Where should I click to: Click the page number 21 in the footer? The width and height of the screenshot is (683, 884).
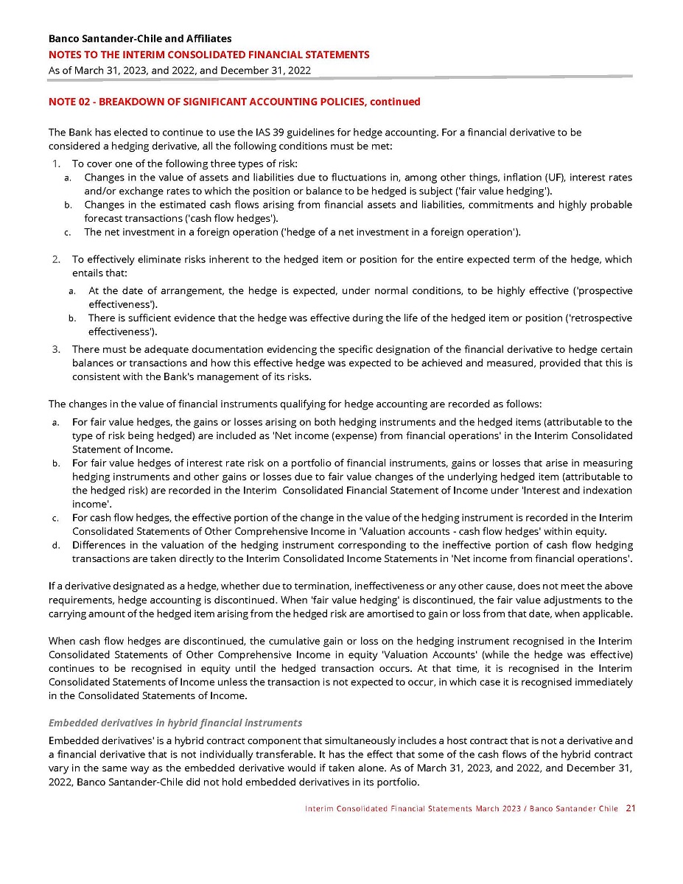pos(630,808)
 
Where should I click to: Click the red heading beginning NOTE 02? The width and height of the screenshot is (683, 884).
pos(234,102)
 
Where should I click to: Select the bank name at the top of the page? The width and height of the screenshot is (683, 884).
pos(140,38)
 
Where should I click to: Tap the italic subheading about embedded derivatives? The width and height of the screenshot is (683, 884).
pos(175,723)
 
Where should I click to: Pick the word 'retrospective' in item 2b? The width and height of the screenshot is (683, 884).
pos(600,318)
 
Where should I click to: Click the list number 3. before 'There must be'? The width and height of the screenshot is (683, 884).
pos(56,349)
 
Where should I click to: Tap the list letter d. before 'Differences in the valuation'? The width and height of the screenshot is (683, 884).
pos(56,546)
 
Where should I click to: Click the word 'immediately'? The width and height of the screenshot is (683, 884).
pos(602,682)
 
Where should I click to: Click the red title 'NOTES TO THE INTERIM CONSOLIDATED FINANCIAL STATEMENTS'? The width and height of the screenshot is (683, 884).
pos(209,55)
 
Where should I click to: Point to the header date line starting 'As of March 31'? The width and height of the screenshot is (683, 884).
pos(180,71)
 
